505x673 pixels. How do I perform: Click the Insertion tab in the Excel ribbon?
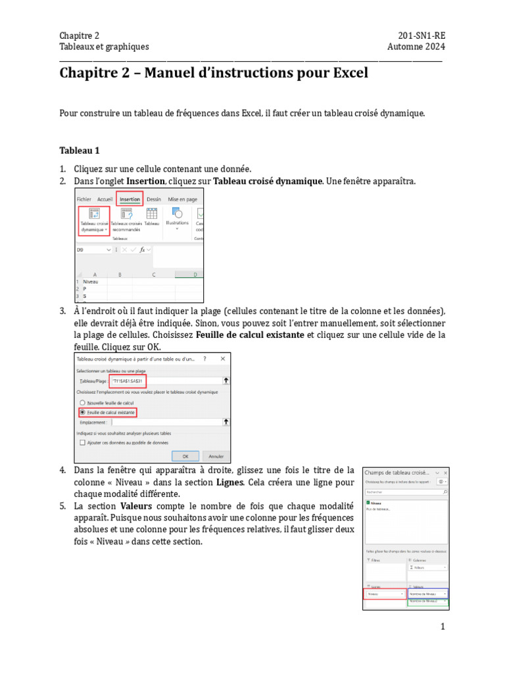tap(129, 198)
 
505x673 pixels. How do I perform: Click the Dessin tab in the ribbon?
tap(154, 198)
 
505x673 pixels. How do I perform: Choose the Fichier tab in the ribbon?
tap(84, 198)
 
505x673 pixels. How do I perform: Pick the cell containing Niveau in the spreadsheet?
tap(91, 281)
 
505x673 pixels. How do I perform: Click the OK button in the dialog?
tap(185, 455)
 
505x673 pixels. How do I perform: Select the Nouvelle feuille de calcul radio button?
tap(82, 402)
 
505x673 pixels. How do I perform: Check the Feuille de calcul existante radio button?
tap(82, 412)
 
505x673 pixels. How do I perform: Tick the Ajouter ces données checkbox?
tap(82, 443)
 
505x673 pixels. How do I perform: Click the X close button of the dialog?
tap(223, 359)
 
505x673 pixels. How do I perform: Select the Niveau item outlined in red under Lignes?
tap(384, 593)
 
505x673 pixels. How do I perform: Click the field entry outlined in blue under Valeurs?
tap(427, 593)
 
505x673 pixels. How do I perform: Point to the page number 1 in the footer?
tap(443, 627)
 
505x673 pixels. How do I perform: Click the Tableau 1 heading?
tap(79, 150)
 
